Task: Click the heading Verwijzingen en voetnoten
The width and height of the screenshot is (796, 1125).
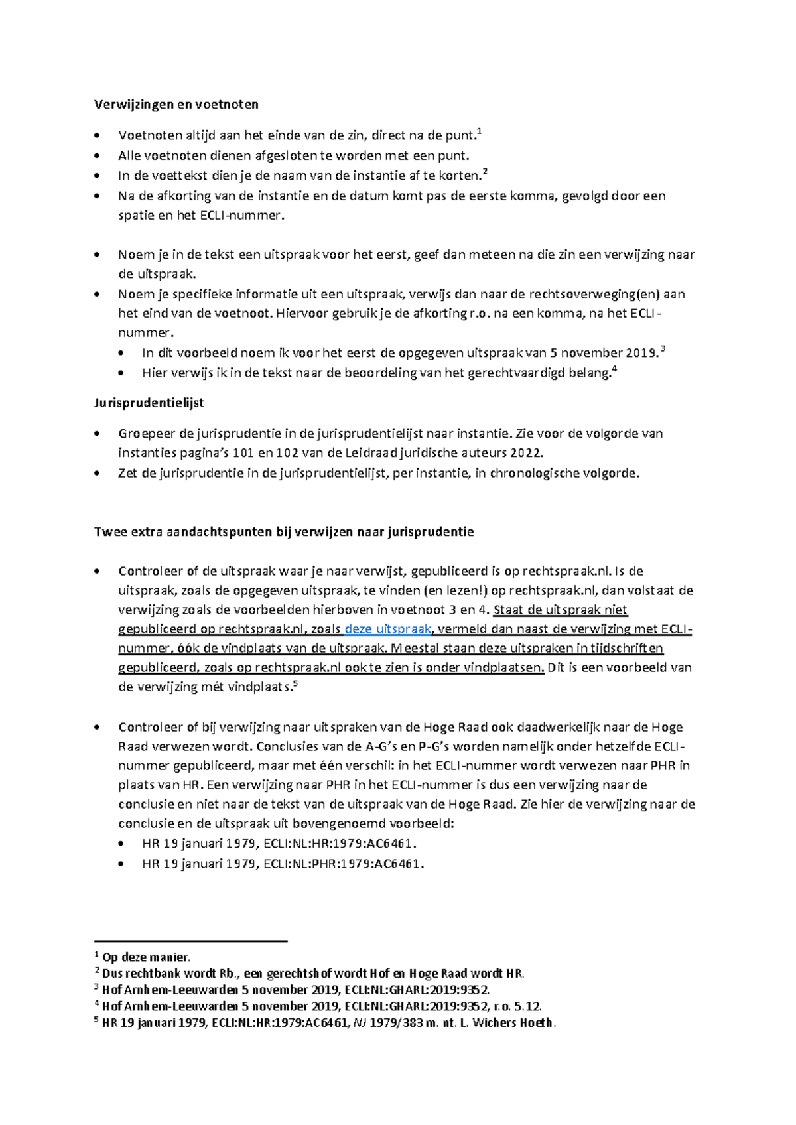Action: click(x=176, y=104)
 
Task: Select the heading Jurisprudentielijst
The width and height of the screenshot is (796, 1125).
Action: click(x=149, y=403)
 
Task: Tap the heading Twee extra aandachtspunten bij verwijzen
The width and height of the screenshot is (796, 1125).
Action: click(x=284, y=531)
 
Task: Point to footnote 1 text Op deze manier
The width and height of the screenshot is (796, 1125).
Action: click(x=146, y=957)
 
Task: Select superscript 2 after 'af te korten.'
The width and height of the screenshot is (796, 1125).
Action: click(x=485, y=172)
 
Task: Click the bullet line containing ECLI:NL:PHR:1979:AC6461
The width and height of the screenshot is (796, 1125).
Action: click(x=283, y=864)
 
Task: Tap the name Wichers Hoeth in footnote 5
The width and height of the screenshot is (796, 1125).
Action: click(x=513, y=1023)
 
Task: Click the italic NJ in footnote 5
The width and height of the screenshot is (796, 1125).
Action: click(x=359, y=1023)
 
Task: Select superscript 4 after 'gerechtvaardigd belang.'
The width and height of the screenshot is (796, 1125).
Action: click(x=614, y=369)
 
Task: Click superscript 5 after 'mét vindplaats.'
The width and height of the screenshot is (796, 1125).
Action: click(x=295, y=683)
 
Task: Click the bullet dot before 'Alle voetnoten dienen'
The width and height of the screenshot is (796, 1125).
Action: click(x=98, y=156)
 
